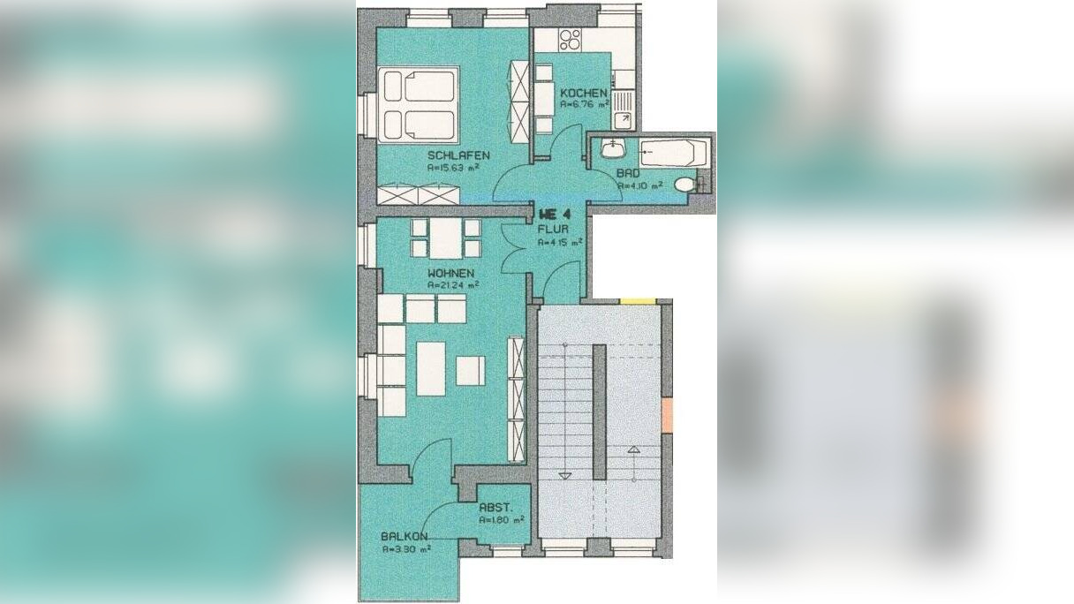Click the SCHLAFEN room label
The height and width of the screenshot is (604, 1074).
coord(458,155)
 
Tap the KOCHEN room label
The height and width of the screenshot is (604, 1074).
coord(583,93)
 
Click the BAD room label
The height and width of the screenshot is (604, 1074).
coord(629,174)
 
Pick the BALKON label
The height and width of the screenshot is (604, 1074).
coord(405,536)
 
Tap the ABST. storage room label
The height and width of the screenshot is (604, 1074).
coord(495,509)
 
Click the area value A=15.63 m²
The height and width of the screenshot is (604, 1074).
coord(452,167)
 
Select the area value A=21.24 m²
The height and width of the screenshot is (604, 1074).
coord(452,285)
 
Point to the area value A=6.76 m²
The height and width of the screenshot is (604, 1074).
coord(584,104)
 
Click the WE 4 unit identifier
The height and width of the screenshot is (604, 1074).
coord(555,215)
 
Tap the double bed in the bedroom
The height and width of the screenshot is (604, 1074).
coord(420,105)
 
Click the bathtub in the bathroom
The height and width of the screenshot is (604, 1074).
coord(671,154)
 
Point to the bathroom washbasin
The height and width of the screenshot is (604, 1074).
coord(610,149)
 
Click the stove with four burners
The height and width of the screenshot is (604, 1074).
coord(570,39)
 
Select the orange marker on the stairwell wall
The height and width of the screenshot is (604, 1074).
coord(667,415)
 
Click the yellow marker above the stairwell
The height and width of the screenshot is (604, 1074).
coord(637,301)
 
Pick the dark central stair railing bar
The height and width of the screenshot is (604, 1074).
coord(599,411)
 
